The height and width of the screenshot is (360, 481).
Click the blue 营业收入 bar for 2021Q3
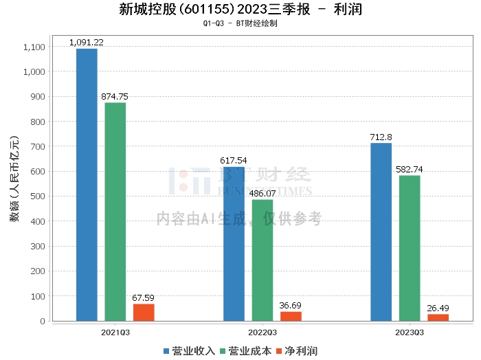(87, 185)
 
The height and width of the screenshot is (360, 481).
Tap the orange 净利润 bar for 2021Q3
(144, 313)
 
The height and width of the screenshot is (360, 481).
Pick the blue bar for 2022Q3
(234, 244)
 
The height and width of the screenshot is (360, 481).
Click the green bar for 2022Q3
(262, 260)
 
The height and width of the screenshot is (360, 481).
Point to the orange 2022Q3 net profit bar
(291, 316)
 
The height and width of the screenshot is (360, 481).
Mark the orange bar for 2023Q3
(438, 317)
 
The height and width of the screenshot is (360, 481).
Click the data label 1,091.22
(87, 43)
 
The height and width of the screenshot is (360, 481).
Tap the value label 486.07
(262, 194)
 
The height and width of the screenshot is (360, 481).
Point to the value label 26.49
(438, 308)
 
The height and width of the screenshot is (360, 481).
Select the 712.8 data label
(381, 137)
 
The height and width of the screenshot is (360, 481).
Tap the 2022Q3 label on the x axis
(262, 331)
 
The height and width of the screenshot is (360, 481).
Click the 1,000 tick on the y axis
(34, 72)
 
